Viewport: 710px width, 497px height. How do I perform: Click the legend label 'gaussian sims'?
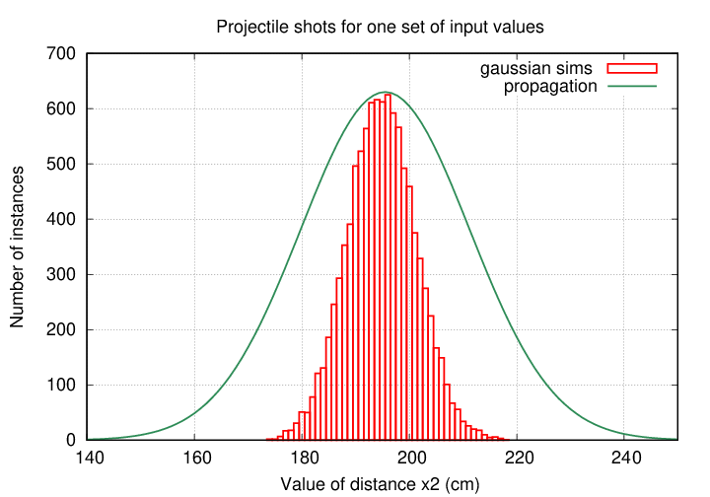[536, 68]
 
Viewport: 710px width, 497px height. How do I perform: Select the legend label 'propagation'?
[550, 86]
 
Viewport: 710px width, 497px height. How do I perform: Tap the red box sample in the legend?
[631, 68]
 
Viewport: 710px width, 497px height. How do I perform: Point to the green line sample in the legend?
[631, 86]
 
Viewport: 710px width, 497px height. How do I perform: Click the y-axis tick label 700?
[62, 53]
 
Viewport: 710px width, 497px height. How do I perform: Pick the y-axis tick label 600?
[62, 108]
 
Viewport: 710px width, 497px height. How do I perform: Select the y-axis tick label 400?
[62, 219]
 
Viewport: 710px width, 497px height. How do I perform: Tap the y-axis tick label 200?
[62, 329]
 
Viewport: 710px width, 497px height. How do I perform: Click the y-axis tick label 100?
[62, 385]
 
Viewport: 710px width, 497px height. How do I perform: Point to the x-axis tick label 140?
[88, 459]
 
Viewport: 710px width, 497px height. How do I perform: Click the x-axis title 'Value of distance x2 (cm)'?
[382, 483]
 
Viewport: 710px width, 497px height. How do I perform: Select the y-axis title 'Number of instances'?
[18, 247]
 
